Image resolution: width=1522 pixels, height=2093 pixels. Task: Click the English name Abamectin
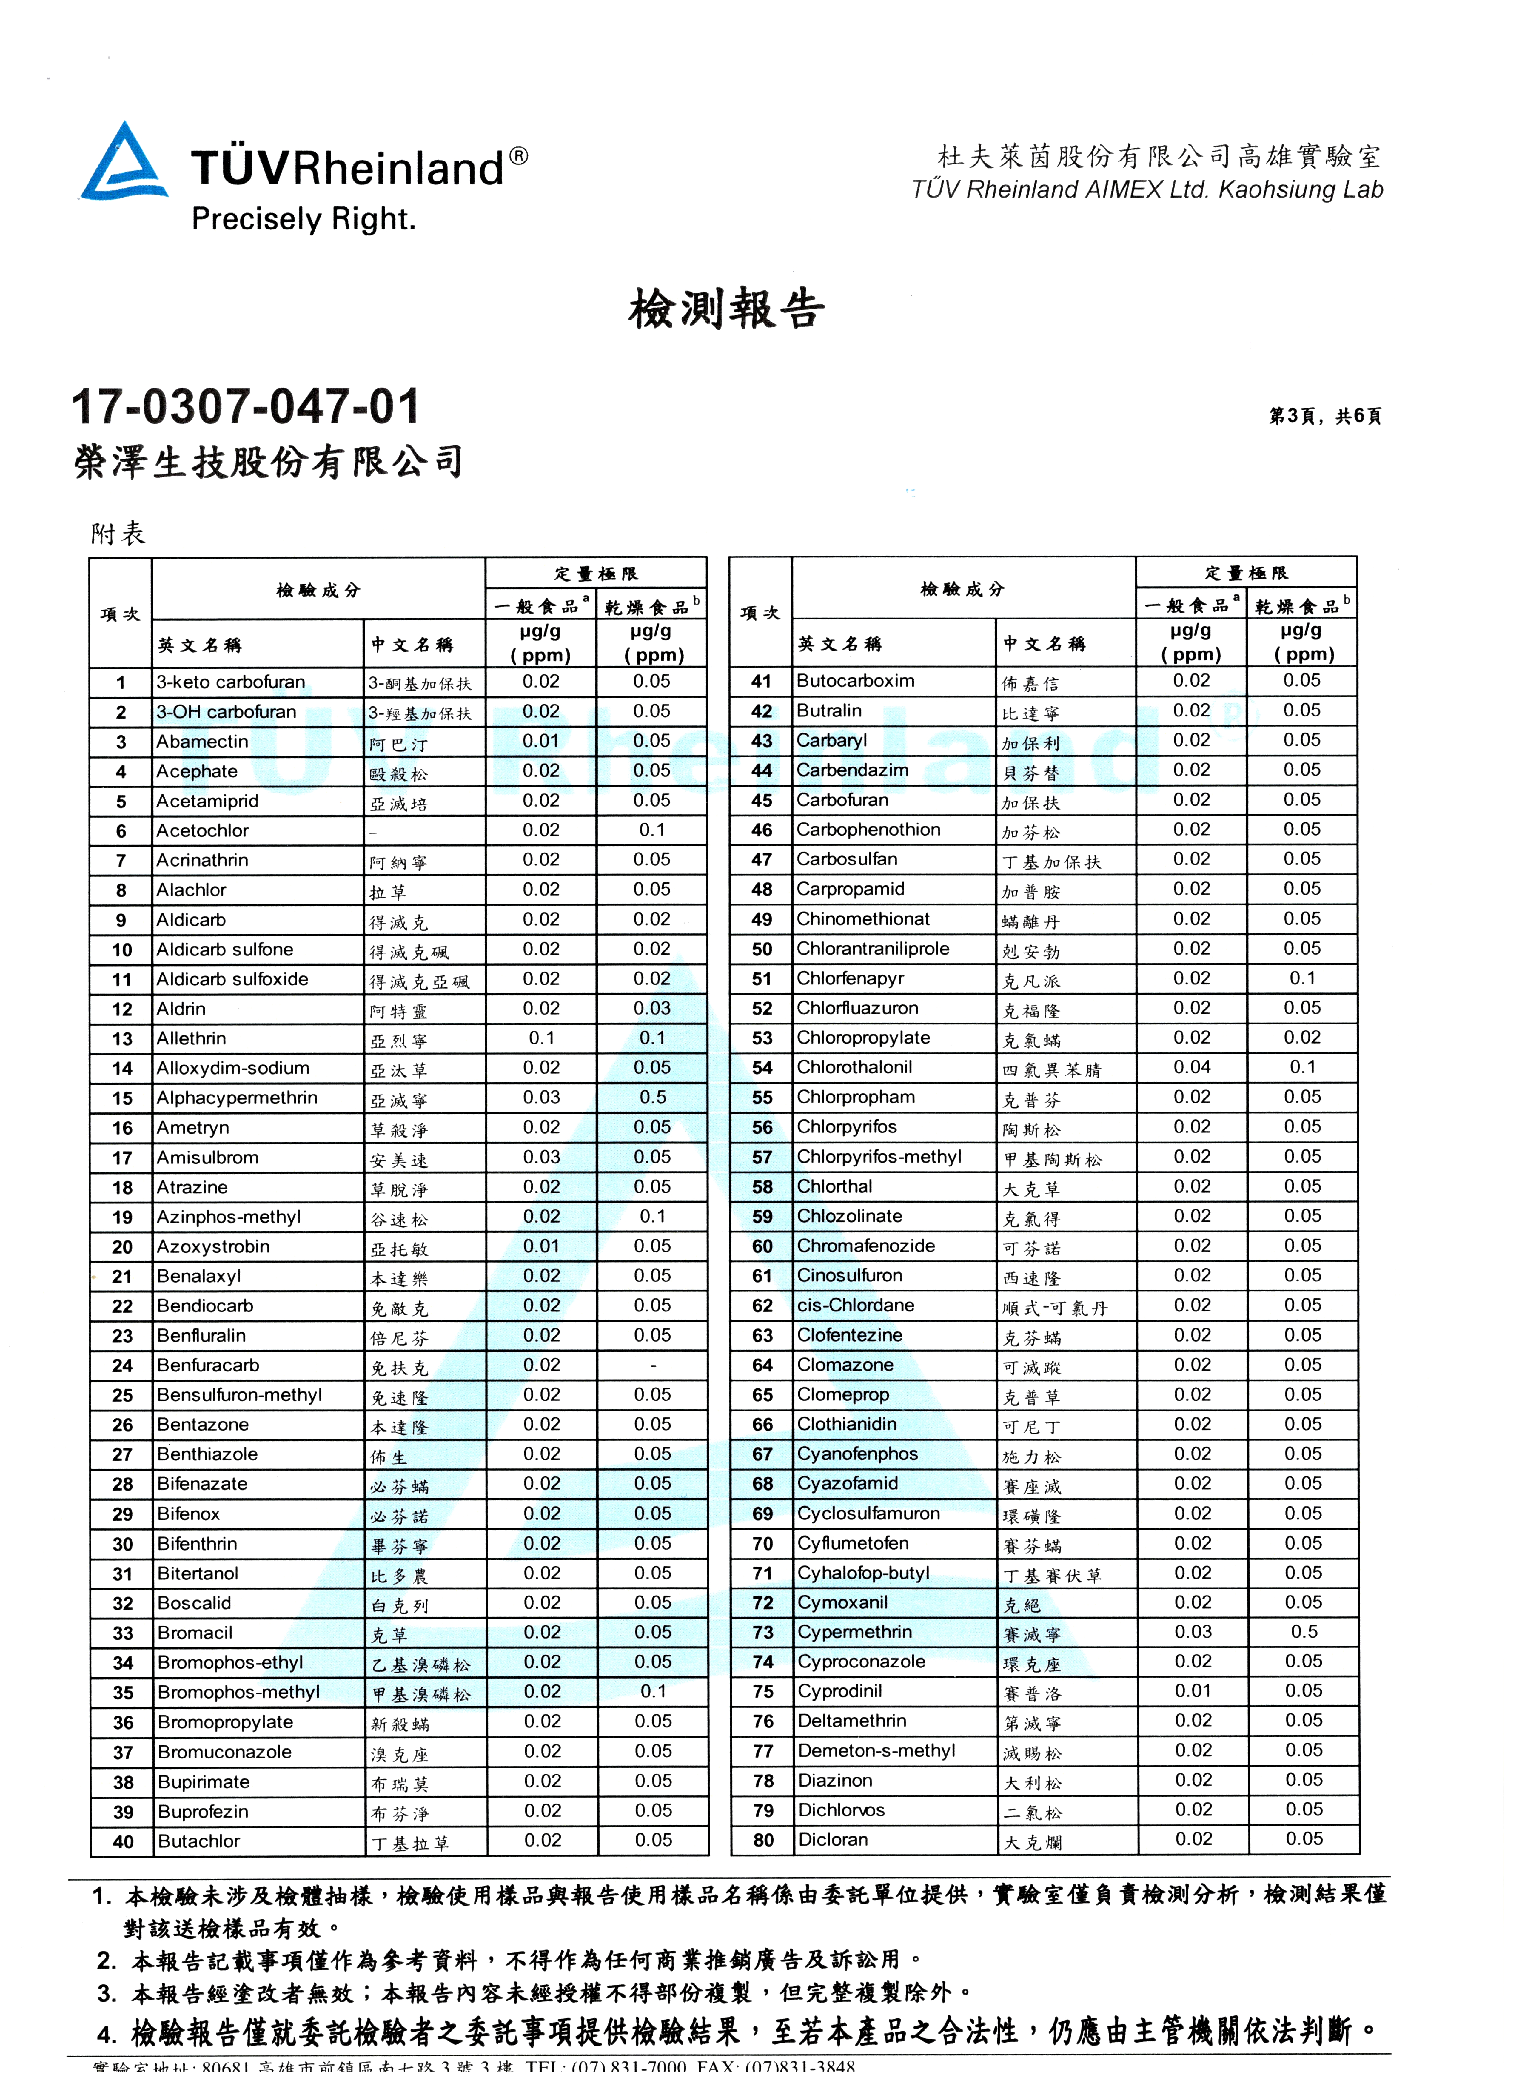[202, 742]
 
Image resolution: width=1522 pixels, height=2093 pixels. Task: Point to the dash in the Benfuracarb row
[653, 1366]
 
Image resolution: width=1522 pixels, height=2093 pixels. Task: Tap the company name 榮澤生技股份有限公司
[268, 461]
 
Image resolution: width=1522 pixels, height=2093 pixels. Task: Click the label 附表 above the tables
[118, 534]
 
